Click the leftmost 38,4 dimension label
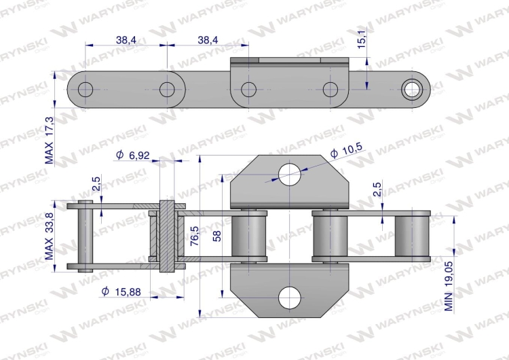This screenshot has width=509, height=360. click(x=126, y=41)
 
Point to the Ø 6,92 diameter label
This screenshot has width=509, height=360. click(x=132, y=156)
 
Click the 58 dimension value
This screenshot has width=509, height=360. click(x=215, y=236)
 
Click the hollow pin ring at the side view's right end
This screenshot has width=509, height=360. click(x=411, y=89)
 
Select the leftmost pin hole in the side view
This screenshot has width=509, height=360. click(x=86, y=89)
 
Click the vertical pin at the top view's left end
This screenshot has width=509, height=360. click(x=84, y=236)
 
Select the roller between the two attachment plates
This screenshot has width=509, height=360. click(x=249, y=236)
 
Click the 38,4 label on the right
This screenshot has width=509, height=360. click(x=208, y=41)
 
